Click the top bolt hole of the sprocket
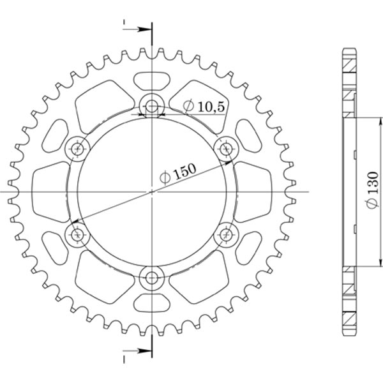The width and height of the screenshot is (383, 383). [152, 105]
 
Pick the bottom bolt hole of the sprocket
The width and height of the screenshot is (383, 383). [152, 278]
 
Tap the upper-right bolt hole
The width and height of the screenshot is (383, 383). [227, 148]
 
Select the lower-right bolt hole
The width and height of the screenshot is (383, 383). [227, 235]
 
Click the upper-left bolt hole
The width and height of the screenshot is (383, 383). [78, 148]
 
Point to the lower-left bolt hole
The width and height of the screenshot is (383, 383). [78, 234]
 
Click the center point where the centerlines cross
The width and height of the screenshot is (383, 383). [152, 191]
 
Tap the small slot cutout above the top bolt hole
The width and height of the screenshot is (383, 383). [152, 80]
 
